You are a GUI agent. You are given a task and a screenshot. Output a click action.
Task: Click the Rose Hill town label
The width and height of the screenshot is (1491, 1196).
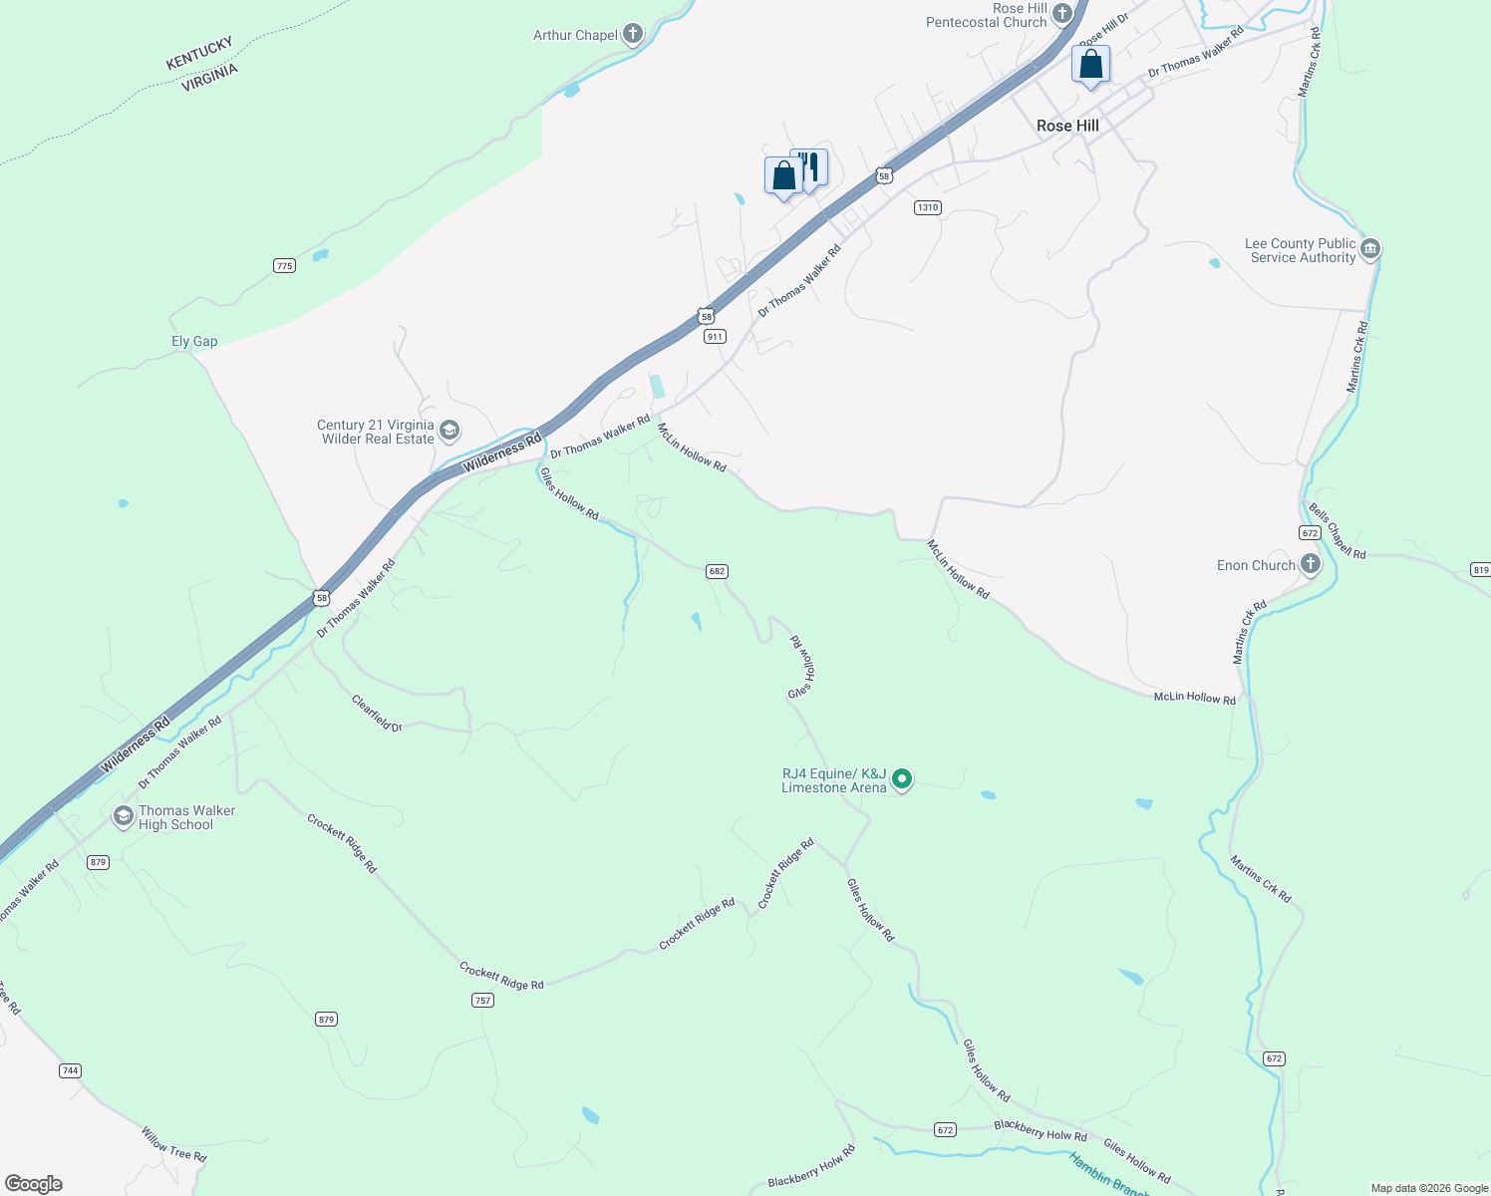click(x=1067, y=126)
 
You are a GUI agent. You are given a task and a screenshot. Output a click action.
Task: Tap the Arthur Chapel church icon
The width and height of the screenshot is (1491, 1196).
click(x=632, y=34)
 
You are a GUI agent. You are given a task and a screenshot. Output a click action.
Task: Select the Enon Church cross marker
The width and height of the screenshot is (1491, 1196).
click(x=1311, y=564)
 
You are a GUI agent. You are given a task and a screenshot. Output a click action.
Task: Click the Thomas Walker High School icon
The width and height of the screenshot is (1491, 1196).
click(x=123, y=816)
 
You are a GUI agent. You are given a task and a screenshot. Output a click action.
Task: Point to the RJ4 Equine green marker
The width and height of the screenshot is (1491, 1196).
click(x=902, y=779)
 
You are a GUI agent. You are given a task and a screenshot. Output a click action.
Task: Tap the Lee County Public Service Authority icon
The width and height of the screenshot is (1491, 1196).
click(x=1369, y=248)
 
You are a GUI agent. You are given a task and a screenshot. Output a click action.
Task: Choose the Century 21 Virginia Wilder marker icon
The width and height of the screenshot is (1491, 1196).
click(x=448, y=431)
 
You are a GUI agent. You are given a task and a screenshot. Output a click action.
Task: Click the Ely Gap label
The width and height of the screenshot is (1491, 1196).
click(x=194, y=341)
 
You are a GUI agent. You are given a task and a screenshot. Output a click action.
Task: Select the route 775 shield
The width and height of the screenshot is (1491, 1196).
click(x=284, y=265)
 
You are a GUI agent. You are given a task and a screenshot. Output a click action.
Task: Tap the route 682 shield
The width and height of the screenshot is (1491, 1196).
click(x=717, y=571)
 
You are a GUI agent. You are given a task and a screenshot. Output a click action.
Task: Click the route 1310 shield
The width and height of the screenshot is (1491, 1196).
click(x=927, y=207)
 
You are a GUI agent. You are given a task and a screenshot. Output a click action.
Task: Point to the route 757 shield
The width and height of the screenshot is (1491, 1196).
click(x=482, y=1000)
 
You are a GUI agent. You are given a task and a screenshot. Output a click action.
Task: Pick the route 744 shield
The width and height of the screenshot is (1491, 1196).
click(x=70, y=1070)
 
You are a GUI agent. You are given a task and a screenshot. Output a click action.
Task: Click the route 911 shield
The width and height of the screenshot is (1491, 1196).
click(x=715, y=337)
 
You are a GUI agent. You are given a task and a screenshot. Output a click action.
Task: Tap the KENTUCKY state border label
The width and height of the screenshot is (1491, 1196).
click(x=199, y=53)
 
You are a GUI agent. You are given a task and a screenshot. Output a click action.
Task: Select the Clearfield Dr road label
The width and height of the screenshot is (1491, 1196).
click(x=377, y=714)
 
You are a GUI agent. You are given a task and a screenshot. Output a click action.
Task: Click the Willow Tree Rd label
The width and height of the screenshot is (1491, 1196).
click(x=173, y=1144)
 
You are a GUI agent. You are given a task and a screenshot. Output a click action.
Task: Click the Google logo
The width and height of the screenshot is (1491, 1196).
click(x=34, y=1183)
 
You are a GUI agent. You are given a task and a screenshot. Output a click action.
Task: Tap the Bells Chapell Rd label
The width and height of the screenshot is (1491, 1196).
click(x=1337, y=531)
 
